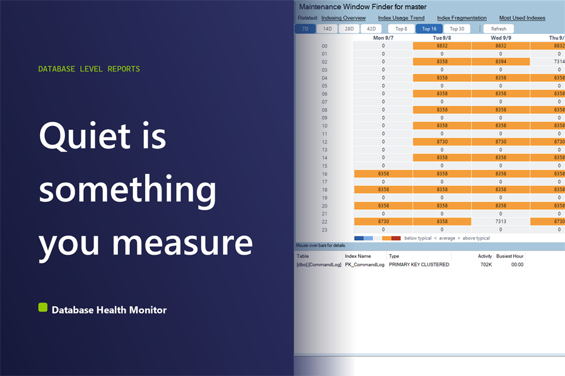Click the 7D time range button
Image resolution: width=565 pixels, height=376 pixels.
click(x=305, y=29)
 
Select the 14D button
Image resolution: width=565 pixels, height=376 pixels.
click(x=327, y=29)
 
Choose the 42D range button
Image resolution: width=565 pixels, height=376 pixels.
click(x=371, y=29)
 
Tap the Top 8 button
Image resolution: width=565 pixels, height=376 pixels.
click(x=401, y=29)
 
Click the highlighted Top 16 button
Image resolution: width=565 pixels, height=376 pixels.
click(x=429, y=29)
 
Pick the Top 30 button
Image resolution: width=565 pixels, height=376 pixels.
click(x=457, y=29)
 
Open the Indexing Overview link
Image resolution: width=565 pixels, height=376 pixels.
click(x=343, y=18)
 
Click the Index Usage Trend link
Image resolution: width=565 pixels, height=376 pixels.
click(x=401, y=18)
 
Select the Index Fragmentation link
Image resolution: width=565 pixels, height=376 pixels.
click(x=462, y=18)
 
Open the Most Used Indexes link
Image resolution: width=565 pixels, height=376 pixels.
click(x=522, y=18)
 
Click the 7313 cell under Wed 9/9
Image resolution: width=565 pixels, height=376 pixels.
click(x=501, y=221)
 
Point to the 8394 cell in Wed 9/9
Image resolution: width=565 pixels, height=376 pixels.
click(x=501, y=61)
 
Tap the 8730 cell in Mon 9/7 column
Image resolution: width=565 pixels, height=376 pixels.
click(x=383, y=221)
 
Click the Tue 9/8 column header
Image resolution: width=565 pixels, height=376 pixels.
click(x=442, y=38)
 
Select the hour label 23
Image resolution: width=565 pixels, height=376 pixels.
click(x=324, y=230)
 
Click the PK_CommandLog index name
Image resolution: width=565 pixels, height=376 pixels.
click(x=365, y=264)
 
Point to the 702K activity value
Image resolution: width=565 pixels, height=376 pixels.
click(x=486, y=264)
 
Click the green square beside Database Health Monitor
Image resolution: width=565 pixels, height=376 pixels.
click(x=43, y=307)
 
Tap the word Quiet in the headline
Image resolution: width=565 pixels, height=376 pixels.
click(x=84, y=136)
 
